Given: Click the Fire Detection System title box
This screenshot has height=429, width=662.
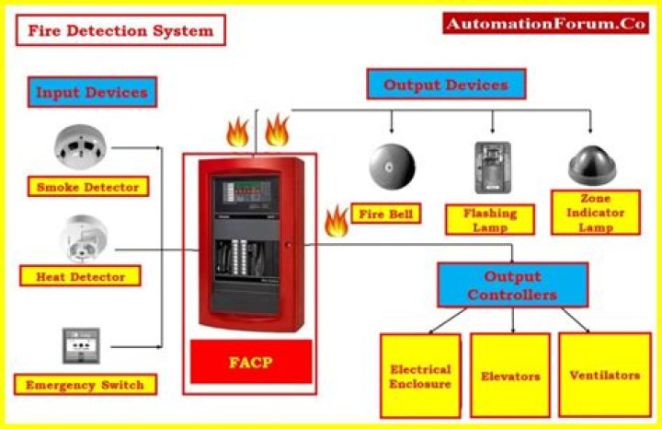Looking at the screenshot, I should [x=120, y=29].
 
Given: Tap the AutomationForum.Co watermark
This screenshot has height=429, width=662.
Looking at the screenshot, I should [x=545, y=24].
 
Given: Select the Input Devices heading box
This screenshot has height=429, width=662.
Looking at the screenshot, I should [x=91, y=93].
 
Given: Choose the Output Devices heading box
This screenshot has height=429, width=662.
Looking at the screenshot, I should [x=445, y=85].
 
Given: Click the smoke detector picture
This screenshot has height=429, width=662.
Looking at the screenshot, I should [x=80, y=145].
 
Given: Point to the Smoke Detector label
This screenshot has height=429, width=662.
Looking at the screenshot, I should [x=87, y=187].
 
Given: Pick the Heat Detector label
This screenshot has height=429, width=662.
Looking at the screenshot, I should [x=80, y=275].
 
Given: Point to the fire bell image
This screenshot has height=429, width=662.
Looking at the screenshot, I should [x=393, y=166].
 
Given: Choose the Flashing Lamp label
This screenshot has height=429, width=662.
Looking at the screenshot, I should [x=489, y=219].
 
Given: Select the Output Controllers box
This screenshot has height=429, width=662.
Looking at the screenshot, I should [x=511, y=284].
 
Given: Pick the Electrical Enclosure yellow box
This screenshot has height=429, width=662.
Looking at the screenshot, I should [x=420, y=376].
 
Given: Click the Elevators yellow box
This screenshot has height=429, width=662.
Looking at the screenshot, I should [x=509, y=376].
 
